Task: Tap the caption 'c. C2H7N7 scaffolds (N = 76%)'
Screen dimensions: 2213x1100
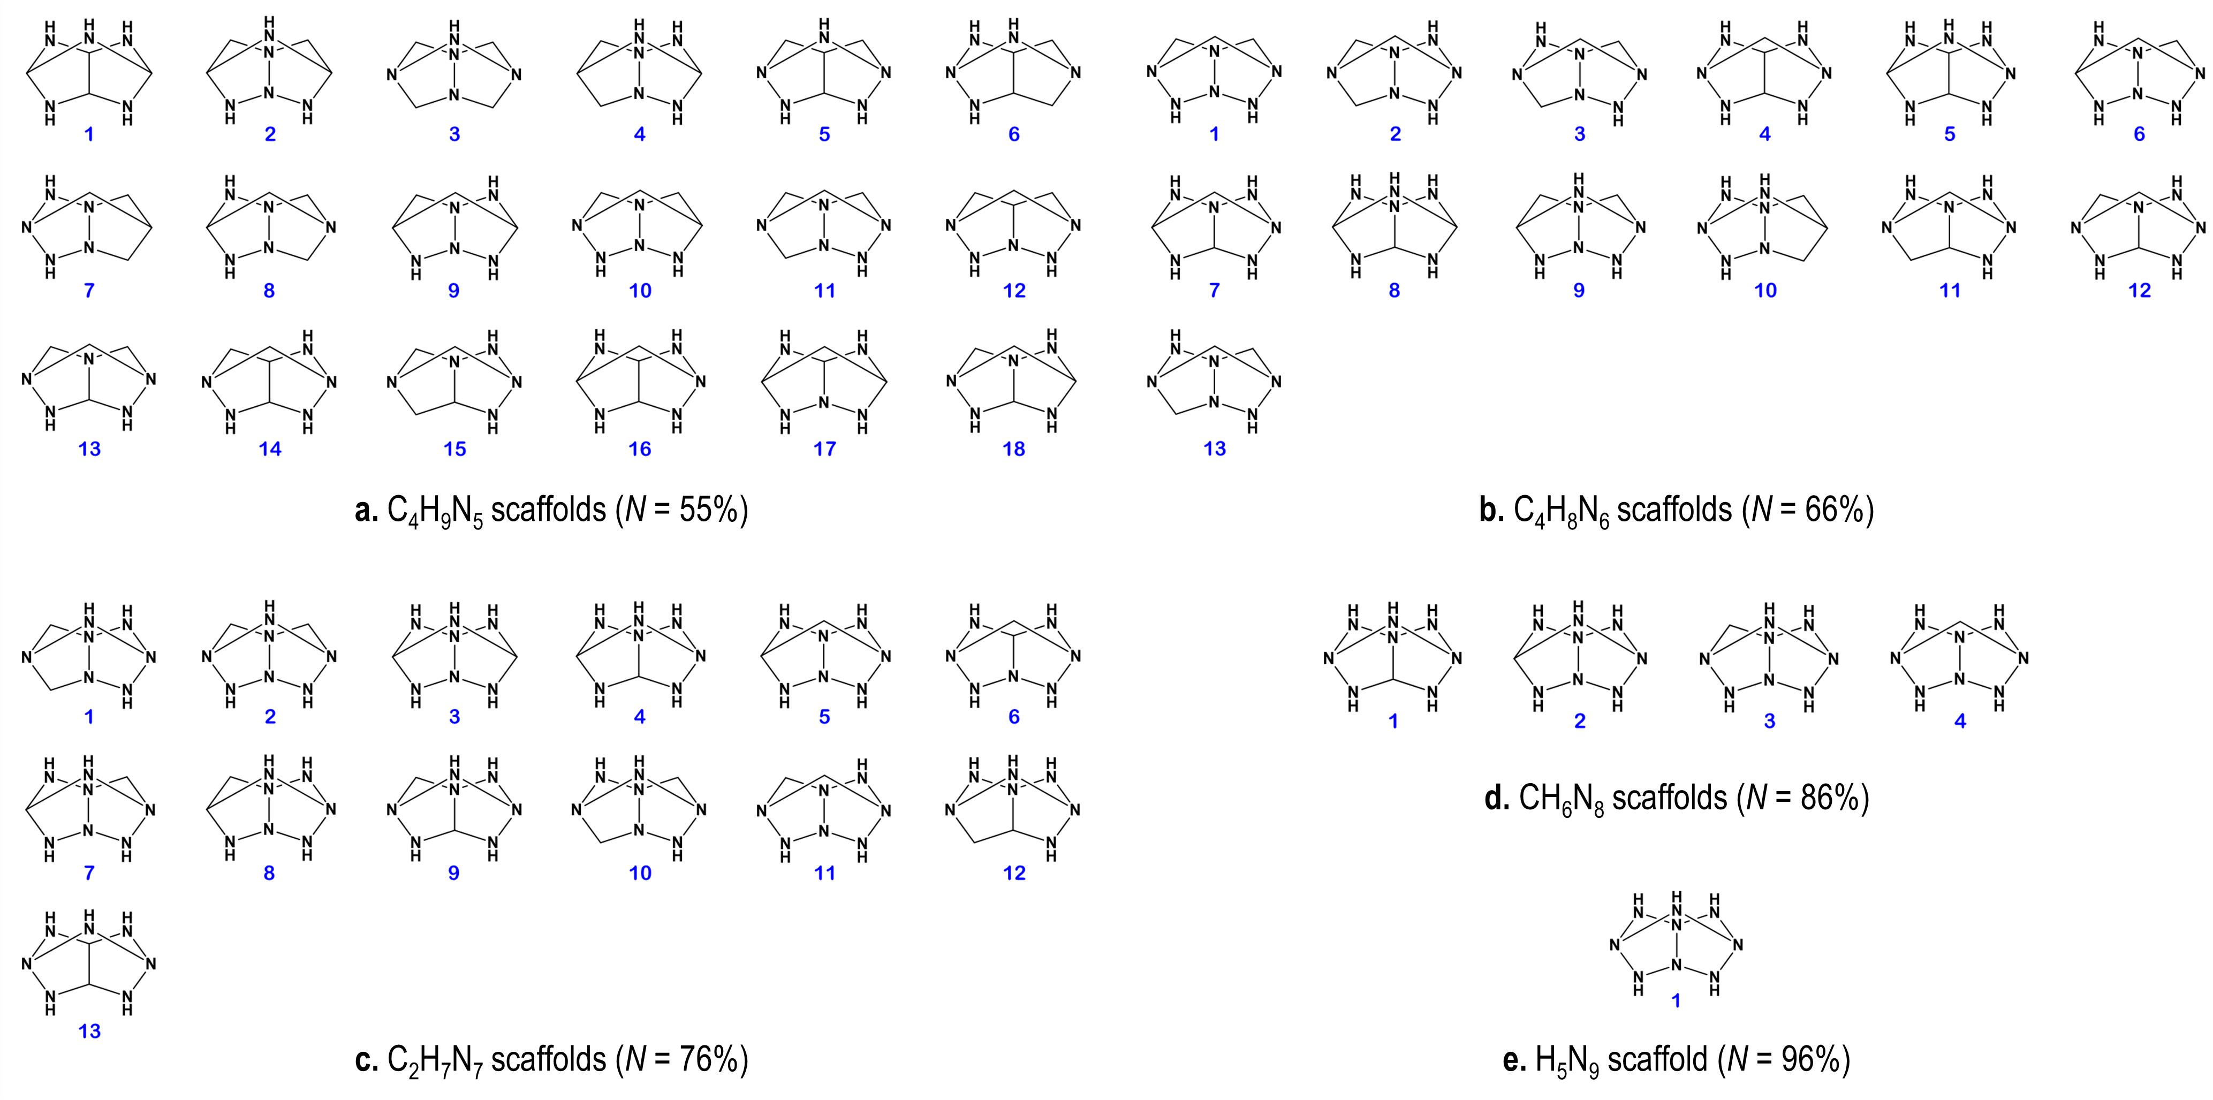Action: (551, 1060)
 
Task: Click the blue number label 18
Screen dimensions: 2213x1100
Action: (1014, 448)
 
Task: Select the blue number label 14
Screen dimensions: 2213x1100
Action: (270, 448)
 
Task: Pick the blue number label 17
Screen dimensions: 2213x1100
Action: (825, 448)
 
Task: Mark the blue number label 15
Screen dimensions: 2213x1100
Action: (454, 448)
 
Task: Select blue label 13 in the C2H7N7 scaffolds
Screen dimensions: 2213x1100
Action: (89, 1031)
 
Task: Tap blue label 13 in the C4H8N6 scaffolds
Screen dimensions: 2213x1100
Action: (1214, 448)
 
